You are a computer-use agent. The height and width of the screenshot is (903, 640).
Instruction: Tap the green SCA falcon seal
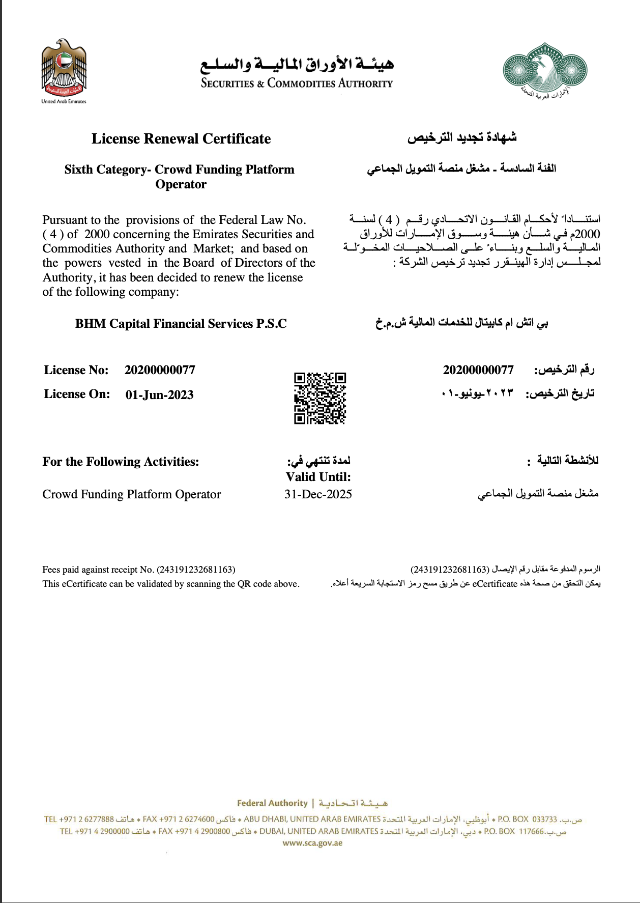545,70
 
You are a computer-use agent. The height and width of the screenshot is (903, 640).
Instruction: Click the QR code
320,398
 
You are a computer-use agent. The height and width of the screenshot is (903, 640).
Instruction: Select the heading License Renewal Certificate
181,138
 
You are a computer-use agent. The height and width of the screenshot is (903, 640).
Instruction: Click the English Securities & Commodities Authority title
297,83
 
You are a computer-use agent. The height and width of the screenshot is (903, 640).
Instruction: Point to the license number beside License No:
160,370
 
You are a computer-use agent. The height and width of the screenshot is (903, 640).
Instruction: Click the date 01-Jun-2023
159,395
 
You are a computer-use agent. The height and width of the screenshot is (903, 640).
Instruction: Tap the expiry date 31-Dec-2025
318,494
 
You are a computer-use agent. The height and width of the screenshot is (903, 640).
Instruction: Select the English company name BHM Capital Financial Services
181,324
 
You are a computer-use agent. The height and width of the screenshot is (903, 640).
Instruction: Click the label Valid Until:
318,477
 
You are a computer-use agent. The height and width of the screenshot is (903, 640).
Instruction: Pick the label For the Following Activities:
121,462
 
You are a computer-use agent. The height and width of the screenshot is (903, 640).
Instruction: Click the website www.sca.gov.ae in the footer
312,843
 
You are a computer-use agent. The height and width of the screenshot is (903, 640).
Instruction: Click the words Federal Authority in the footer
272,803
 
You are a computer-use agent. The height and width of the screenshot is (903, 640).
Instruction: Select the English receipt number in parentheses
196,570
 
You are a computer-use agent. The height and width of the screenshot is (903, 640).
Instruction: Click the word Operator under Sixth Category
181,184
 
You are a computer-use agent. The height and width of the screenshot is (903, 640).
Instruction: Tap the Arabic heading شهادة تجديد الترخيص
462,137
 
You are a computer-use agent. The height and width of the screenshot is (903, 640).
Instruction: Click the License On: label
77,394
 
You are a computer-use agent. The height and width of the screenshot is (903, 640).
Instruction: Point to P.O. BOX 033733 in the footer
528,819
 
